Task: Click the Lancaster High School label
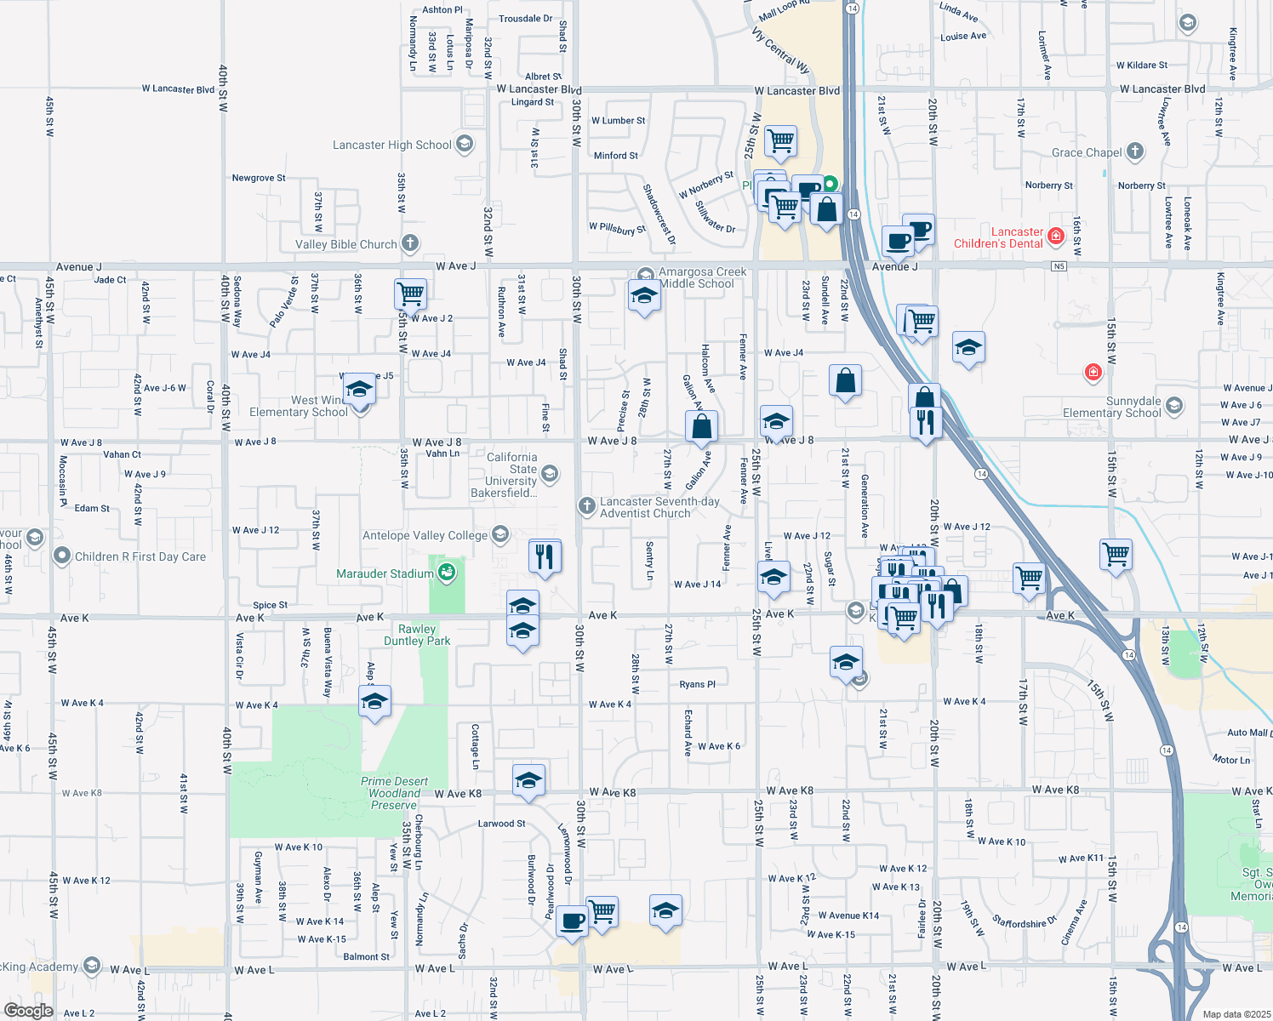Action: click(391, 145)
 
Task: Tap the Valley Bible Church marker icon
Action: click(410, 244)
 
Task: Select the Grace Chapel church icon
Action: click(1134, 152)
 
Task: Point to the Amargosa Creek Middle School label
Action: click(702, 277)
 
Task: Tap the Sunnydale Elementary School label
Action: click(1111, 407)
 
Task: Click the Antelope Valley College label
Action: click(425, 535)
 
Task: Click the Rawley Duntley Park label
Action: click(417, 635)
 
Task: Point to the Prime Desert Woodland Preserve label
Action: click(394, 793)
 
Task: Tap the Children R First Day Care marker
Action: click(62, 556)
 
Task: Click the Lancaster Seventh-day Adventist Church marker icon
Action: click(586, 507)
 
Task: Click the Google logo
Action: click(28, 1010)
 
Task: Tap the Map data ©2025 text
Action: click(1236, 1014)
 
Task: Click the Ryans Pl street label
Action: click(697, 684)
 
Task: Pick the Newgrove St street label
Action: click(259, 178)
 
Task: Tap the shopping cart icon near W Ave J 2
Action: click(410, 294)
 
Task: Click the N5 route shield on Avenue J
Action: click(1059, 266)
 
